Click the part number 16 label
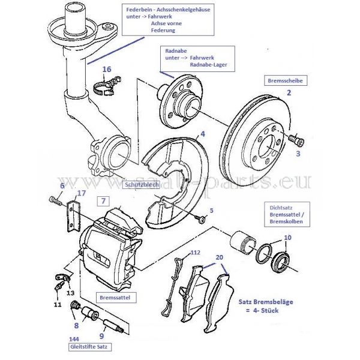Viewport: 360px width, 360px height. (107, 70)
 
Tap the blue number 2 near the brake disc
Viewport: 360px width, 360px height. (289, 93)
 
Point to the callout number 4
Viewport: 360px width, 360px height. (203, 134)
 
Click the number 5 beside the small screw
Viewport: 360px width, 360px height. (211, 211)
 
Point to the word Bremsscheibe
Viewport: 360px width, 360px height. (284, 79)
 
